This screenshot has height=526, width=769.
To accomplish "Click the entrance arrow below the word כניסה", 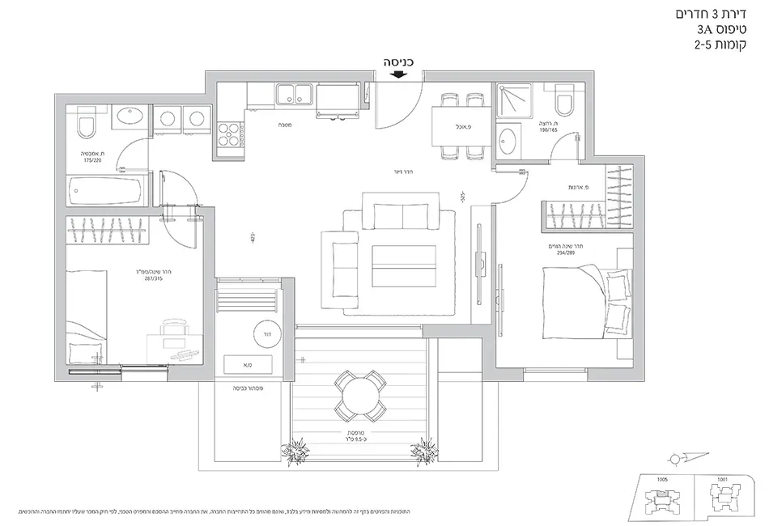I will point(397,75).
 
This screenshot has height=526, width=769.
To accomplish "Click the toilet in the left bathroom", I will point(83,126).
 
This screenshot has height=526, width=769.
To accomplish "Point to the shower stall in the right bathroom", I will point(515,100).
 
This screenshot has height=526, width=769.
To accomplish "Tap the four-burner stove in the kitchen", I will point(229,132).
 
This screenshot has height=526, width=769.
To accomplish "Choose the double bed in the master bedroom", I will point(582,304).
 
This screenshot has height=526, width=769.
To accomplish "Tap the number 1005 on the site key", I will point(661,479).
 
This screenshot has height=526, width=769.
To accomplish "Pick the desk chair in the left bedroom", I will point(172,329).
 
